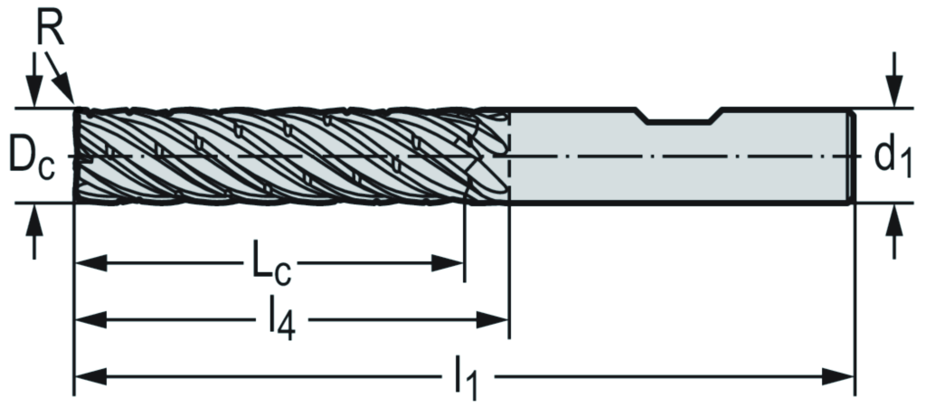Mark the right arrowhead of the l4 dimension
495,318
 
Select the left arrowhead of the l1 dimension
88,374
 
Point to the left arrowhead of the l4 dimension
88,318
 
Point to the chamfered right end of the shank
851,156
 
